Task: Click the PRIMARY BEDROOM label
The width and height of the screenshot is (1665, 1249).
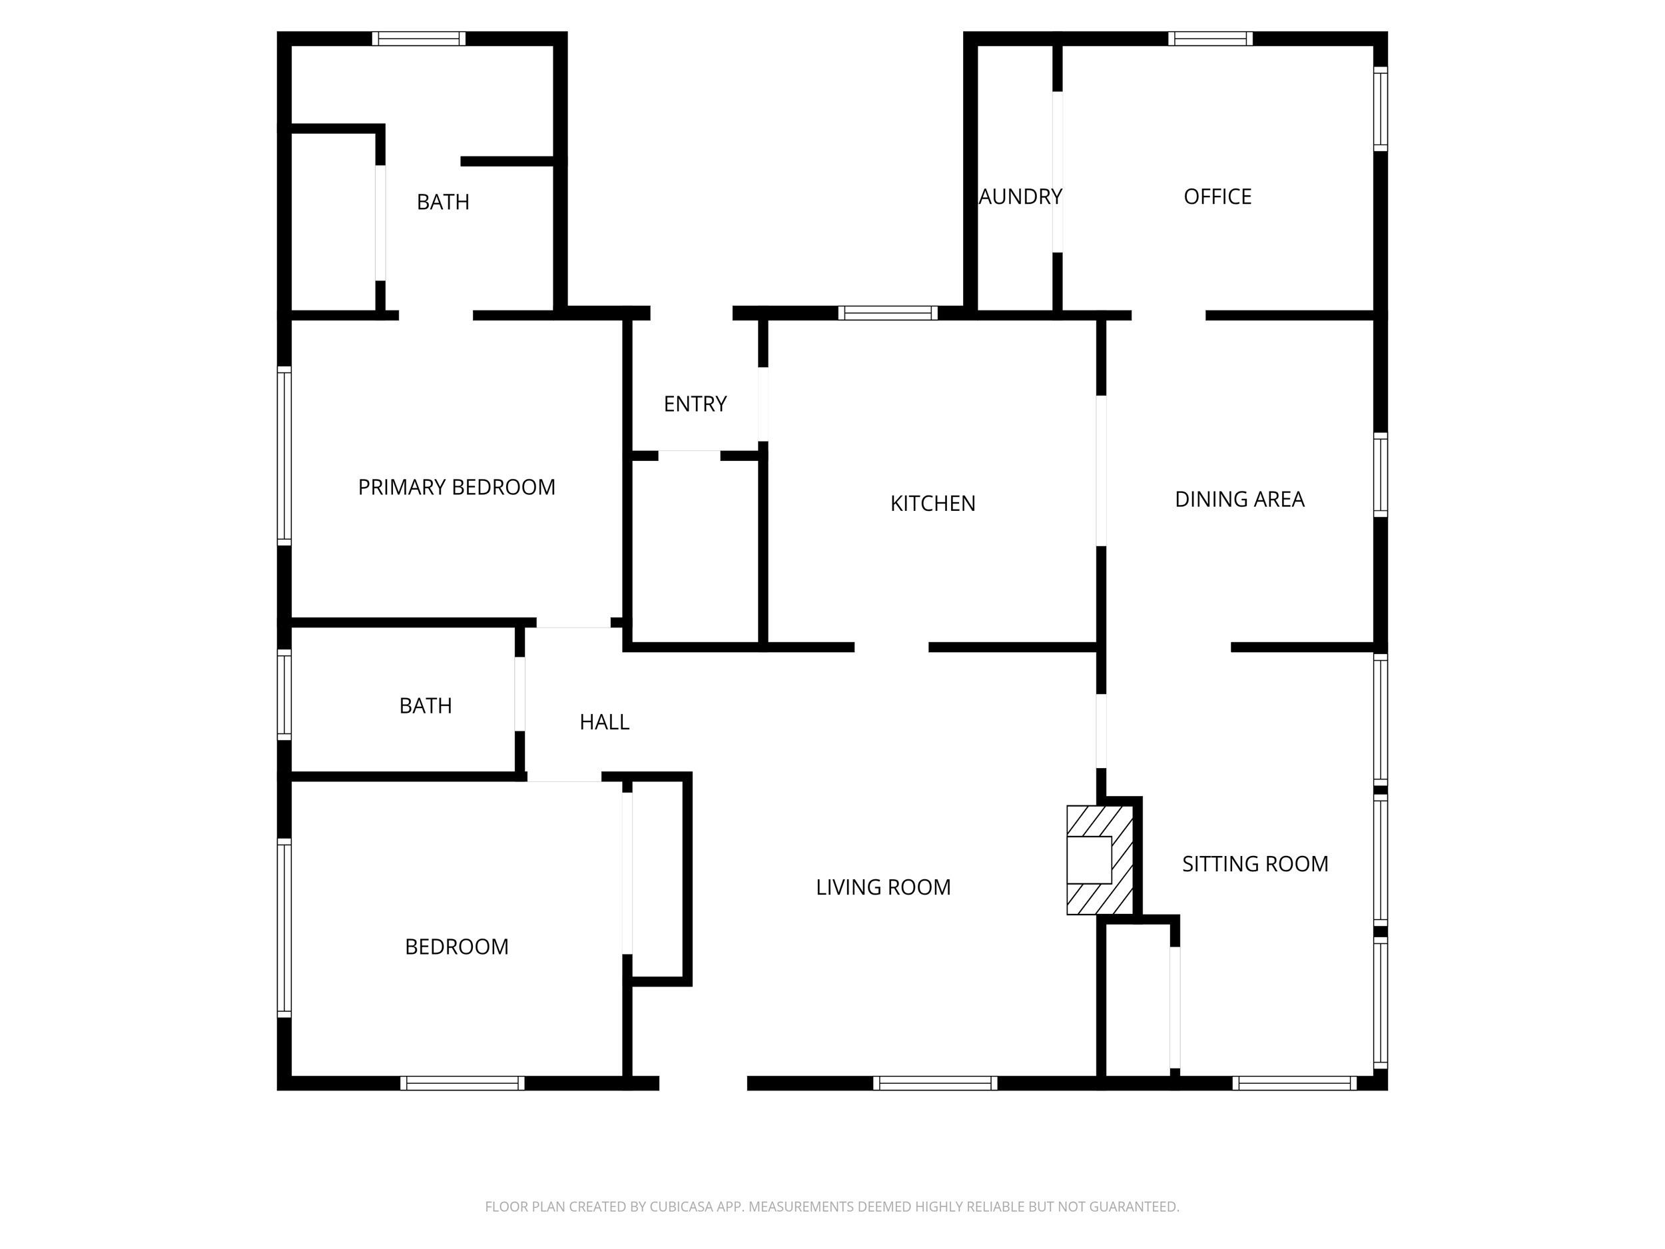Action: click(x=456, y=487)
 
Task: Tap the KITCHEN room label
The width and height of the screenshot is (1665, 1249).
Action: click(x=932, y=503)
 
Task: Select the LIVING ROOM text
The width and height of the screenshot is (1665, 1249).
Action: click(x=883, y=887)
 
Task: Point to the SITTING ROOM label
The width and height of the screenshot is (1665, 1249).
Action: click(x=1255, y=863)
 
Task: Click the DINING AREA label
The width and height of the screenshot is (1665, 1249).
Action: click(x=1239, y=499)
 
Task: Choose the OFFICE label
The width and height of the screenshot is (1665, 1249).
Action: click(x=1217, y=197)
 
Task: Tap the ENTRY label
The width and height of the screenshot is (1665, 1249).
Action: click(x=695, y=404)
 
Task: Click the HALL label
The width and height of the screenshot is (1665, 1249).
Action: click(x=603, y=722)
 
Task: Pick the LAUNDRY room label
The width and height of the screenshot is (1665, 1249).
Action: click(x=1020, y=197)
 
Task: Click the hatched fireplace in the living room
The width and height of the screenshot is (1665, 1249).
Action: click(x=1100, y=860)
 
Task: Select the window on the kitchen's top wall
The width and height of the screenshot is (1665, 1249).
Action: click(x=888, y=313)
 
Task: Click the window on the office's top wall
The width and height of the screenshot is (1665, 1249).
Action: click(x=1209, y=39)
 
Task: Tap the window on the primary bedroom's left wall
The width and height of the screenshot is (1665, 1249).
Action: click(x=284, y=456)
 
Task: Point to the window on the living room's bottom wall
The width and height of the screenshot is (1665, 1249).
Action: click(x=935, y=1083)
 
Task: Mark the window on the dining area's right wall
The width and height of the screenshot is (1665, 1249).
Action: click(x=1380, y=476)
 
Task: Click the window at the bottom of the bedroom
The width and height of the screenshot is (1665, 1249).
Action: click(x=462, y=1083)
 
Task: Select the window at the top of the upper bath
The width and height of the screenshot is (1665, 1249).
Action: click(x=418, y=39)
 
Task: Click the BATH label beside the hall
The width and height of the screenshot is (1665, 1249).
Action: click(x=426, y=705)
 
